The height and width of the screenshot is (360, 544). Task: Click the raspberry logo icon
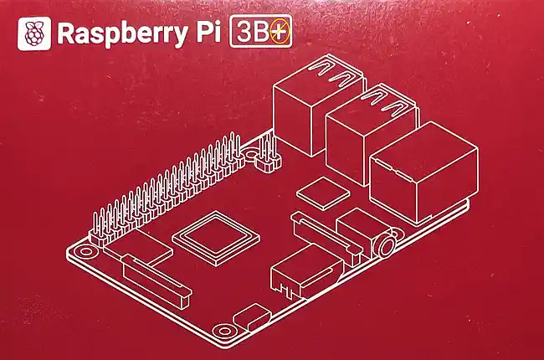click(x=34, y=34)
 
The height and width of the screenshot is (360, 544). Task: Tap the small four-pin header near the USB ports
click(x=268, y=156)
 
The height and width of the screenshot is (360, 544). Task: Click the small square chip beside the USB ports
click(x=321, y=193)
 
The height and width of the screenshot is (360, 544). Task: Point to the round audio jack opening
click(x=386, y=246)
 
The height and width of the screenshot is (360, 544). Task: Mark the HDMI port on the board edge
click(x=305, y=276)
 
